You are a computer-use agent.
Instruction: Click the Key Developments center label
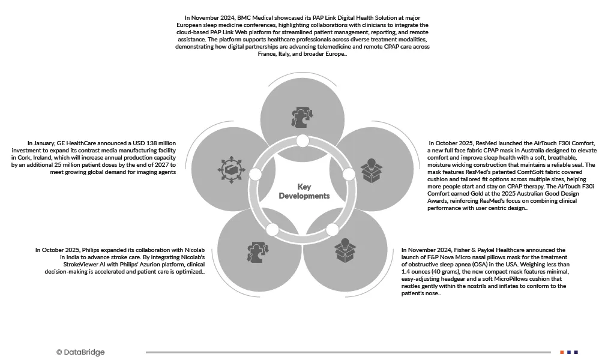[304, 191]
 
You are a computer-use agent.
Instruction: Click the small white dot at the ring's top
[302, 141]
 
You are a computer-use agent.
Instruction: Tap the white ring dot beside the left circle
[255, 175]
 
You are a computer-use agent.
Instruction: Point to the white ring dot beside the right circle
[349, 175]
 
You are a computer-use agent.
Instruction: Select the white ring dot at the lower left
[272, 229]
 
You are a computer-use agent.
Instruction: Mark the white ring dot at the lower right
[333, 229]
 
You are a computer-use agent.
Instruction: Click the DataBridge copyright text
[80, 352]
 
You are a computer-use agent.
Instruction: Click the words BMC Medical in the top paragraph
[257, 18]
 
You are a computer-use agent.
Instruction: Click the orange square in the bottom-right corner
[562, 352]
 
